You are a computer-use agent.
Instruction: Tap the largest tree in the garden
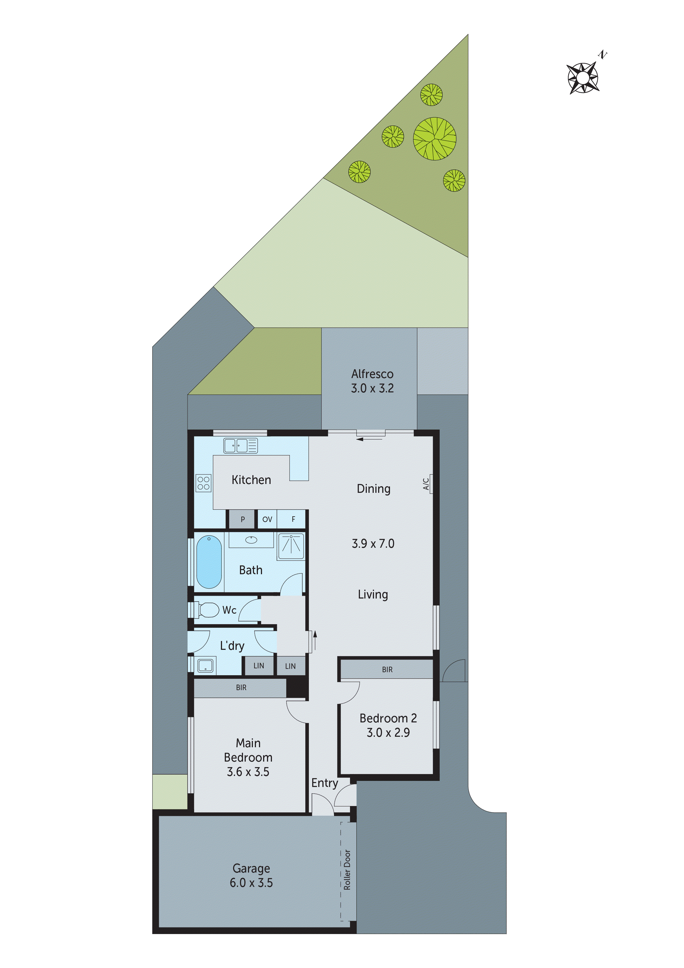434,139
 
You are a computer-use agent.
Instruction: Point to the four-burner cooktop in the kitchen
204,483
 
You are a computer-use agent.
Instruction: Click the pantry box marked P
242,519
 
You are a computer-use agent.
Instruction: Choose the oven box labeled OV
267,519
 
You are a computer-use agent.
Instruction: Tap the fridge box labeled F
293,519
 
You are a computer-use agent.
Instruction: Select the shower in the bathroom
291,546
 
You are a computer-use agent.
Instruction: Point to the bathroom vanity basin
251,540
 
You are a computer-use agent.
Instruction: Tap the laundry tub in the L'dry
205,666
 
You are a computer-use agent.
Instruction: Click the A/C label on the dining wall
426,483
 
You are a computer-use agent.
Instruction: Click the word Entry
325,783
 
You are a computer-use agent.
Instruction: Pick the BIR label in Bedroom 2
387,669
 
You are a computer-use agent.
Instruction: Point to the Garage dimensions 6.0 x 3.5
251,882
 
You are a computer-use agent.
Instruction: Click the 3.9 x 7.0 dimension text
373,543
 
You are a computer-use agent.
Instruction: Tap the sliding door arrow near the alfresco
369,439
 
